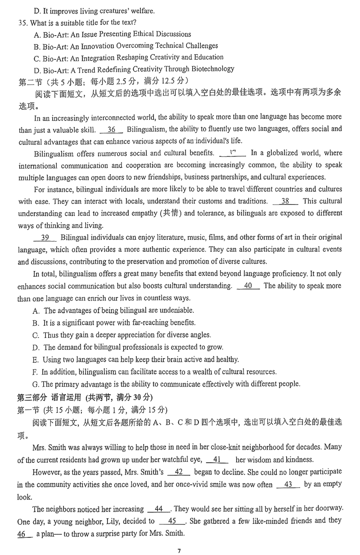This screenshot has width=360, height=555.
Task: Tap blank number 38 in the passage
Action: (x=285, y=201)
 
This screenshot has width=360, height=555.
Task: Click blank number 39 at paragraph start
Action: (x=45, y=237)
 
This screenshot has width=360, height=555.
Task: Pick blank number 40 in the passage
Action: (x=247, y=285)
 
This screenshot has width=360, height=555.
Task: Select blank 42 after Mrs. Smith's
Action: (x=179, y=472)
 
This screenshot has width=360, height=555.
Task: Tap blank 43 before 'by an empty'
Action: (x=288, y=484)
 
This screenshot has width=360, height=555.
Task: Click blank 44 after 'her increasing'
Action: (x=159, y=509)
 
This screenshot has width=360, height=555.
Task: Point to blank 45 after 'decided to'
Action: (x=171, y=521)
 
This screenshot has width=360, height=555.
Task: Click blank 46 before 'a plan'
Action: (x=23, y=534)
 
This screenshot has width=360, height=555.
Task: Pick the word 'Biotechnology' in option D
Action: (x=213, y=69)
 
